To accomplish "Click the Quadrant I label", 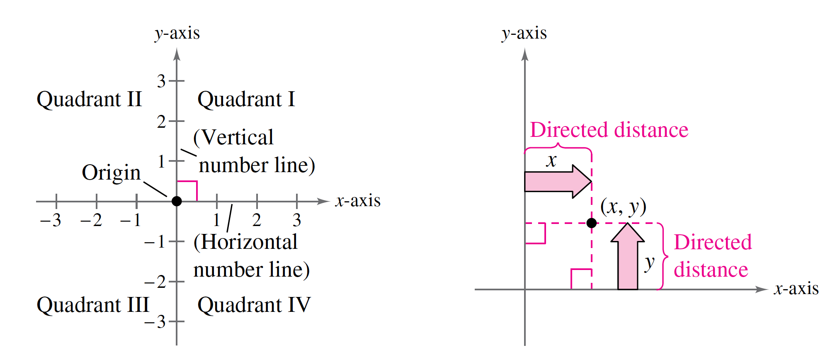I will (x=246, y=100).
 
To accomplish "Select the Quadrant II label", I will (x=89, y=100).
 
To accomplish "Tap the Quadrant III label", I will (x=93, y=305).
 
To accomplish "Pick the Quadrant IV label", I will (x=254, y=305).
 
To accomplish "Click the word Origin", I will (x=111, y=173).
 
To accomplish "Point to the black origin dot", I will (x=177, y=201).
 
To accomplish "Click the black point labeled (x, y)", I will (x=592, y=223).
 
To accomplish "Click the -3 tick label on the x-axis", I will (x=51, y=220).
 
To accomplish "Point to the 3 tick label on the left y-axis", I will (x=161, y=81).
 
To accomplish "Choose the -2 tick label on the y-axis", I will (x=155, y=282).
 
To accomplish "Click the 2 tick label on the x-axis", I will (x=257, y=220).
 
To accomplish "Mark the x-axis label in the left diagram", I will (x=358, y=201).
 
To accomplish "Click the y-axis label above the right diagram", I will (x=524, y=33).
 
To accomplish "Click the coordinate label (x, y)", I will (x=623, y=207).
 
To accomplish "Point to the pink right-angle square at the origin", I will (x=187, y=191).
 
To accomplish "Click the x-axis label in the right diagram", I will (x=796, y=289).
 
